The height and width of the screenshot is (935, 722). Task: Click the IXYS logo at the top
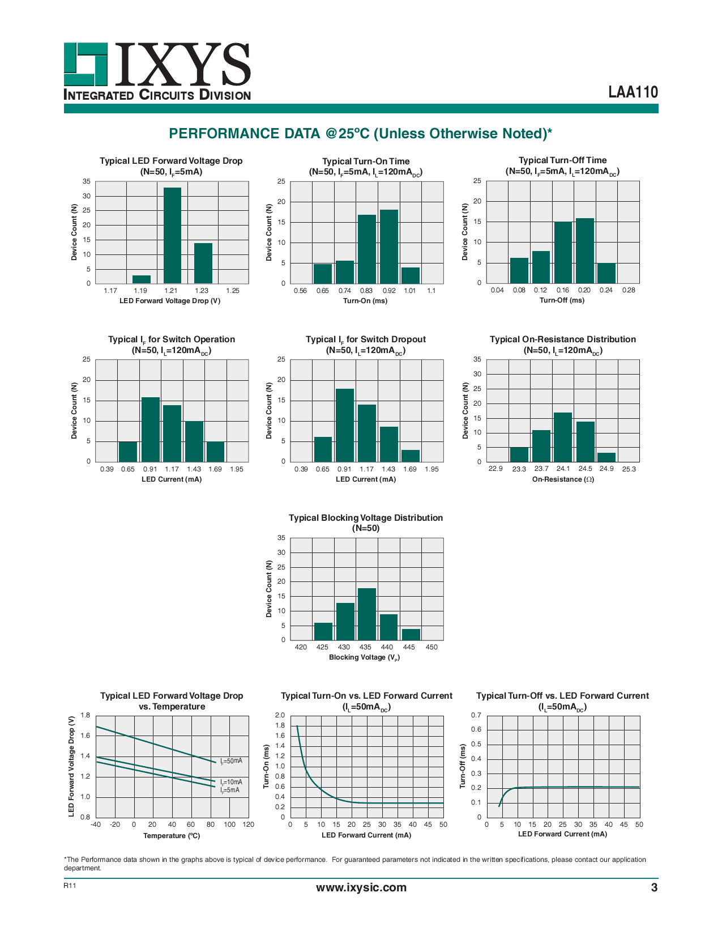[157, 71]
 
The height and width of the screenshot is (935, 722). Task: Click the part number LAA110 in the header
[633, 92]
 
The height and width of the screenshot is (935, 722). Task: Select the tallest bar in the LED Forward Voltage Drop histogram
[172, 235]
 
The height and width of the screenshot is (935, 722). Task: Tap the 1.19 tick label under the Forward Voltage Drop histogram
[140, 291]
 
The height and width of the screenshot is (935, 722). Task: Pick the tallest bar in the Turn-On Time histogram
[389, 246]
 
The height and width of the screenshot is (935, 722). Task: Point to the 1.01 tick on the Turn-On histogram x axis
[410, 291]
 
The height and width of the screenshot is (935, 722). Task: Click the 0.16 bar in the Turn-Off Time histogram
[563, 252]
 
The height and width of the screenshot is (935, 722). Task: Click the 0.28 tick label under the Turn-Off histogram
[629, 290]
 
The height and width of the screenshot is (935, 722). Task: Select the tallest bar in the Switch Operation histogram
[150, 430]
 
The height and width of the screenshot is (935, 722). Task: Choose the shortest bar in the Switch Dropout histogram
[411, 456]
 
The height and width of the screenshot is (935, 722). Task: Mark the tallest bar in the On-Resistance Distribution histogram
[563, 437]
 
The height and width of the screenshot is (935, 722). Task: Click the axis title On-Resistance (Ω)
[563, 479]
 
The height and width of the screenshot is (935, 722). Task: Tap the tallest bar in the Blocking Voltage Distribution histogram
[366, 614]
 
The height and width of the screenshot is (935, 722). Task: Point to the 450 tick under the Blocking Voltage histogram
[432, 647]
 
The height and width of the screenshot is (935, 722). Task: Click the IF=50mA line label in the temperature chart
[232, 761]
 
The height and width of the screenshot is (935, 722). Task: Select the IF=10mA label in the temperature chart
[232, 782]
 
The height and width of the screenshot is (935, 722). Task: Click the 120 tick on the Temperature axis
[249, 824]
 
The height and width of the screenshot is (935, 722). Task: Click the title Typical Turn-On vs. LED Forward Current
[366, 696]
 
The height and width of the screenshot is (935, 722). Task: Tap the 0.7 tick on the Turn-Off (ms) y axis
[476, 715]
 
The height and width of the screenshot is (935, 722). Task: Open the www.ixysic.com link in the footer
[361, 887]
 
